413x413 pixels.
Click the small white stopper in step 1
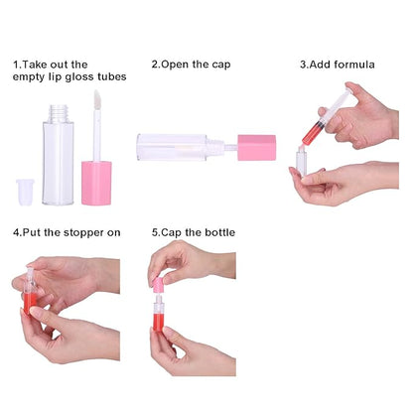pyautogui.click(x=25, y=192)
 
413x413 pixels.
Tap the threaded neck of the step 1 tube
pyautogui.click(x=59, y=113)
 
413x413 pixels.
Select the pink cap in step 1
pyautogui.click(x=96, y=183)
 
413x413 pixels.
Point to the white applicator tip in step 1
pyautogui.click(x=97, y=100)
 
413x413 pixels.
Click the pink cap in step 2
pyautogui.click(x=257, y=148)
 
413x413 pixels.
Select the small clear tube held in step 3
pyautogui.click(x=301, y=163)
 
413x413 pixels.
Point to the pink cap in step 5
pyautogui.click(x=158, y=286)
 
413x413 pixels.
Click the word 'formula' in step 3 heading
pyautogui.click(x=354, y=65)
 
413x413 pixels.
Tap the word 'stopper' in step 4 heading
pyautogui.click(x=83, y=233)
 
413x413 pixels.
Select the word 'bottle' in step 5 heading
pyautogui.click(x=219, y=232)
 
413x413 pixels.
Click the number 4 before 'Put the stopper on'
pyautogui.click(x=16, y=232)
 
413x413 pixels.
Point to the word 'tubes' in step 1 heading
pyautogui.click(x=112, y=76)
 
